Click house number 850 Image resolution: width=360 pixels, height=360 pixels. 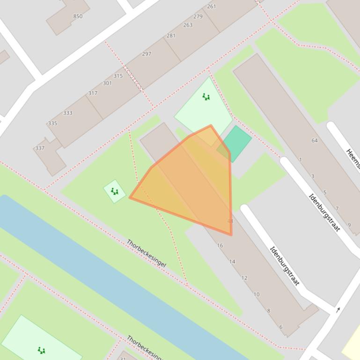pos(78,16)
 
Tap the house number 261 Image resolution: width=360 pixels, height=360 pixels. pos(211,7)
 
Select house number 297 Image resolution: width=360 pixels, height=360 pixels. pos(147,54)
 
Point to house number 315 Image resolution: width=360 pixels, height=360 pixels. pos(118,76)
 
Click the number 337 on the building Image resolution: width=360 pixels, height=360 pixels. pos(40,148)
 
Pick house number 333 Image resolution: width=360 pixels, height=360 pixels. pos(68,113)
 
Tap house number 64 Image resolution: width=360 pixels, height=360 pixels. pos(314,140)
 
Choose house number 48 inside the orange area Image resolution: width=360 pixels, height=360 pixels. pos(230,221)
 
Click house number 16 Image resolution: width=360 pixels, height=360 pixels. pos(220,245)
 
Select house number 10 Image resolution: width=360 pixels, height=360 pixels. pos(256,295)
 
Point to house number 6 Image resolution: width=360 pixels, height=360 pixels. pos(280,327)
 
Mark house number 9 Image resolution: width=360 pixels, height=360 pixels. pos(349,225)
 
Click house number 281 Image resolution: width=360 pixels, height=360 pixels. pos(171,36)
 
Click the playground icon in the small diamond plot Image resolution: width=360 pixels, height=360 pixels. pos(115,191)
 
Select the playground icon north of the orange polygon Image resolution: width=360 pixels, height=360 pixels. pos(206,97)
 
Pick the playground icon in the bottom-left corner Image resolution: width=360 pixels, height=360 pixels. pos(41,350)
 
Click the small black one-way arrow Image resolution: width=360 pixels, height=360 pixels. pos(338,310)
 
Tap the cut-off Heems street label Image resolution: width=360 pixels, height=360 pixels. pos(353,158)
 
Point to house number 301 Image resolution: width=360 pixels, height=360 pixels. pos(107,83)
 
